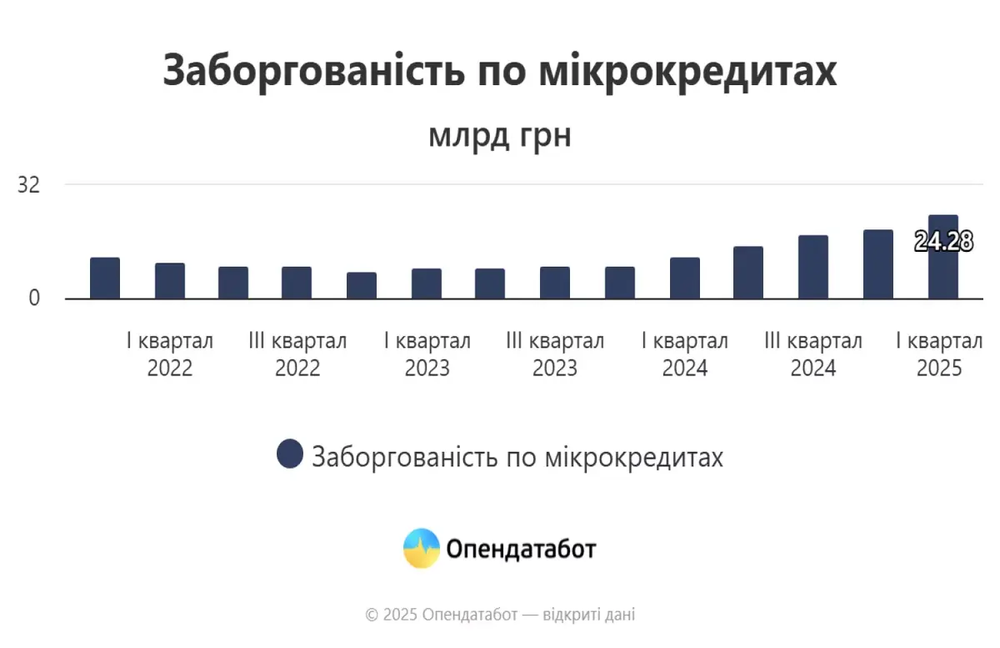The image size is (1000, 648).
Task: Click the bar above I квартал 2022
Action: click(x=170, y=281)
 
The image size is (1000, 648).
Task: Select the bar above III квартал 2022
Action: click(x=297, y=283)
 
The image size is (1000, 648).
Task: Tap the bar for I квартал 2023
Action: click(x=427, y=284)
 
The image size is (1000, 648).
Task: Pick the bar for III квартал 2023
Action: click(x=555, y=283)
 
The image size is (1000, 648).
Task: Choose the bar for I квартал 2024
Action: click(x=685, y=278)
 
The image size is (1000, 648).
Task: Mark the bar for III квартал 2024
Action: click(x=813, y=267)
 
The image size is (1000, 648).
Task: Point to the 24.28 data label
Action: click(x=943, y=242)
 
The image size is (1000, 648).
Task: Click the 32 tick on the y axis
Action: click(x=29, y=184)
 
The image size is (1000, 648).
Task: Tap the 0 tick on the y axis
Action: click(x=34, y=298)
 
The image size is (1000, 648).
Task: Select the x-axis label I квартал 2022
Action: click(x=170, y=354)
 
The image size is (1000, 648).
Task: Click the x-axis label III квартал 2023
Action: click(x=555, y=354)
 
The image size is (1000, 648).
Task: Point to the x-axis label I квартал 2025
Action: click(x=939, y=354)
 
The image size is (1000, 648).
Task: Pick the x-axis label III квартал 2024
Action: click(x=813, y=354)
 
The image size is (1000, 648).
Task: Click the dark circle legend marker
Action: click(x=290, y=455)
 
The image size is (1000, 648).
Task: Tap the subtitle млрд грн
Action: click(x=500, y=135)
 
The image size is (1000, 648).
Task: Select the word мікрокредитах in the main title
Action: click(x=688, y=71)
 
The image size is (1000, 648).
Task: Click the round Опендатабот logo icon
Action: click(x=422, y=548)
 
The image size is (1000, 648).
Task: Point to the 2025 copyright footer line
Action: click(x=500, y=615)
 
